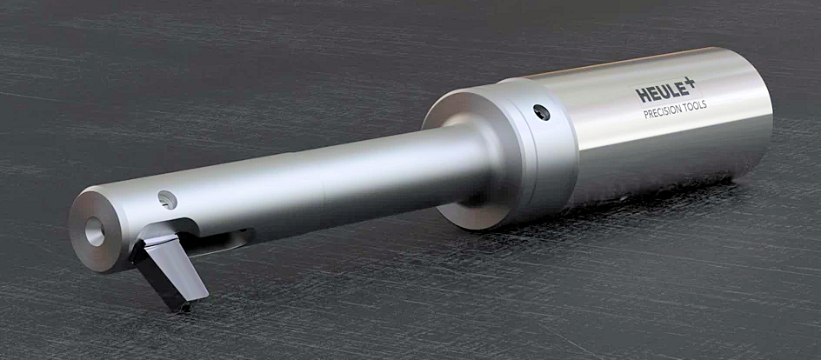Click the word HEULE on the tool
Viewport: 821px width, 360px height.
(663, 92)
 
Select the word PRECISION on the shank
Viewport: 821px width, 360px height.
(663, 110)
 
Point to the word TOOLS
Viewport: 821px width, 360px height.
(695, 104)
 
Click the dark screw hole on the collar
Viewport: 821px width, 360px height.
(542, 112)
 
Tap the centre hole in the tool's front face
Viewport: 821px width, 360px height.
(94, 231)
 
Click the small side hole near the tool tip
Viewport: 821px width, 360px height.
(167, 200)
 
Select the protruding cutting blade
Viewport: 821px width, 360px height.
(169, 270)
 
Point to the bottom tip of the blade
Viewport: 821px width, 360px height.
(184, 308)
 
